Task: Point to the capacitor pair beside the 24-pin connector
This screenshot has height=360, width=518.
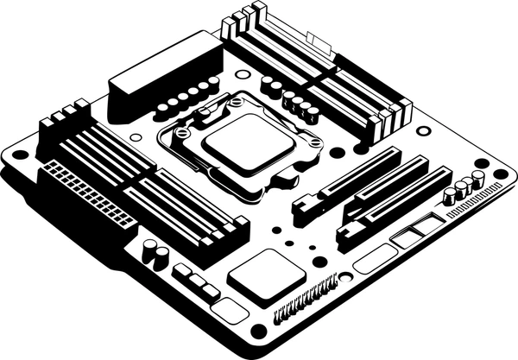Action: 155,252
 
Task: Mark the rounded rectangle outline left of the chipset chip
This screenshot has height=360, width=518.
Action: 229,311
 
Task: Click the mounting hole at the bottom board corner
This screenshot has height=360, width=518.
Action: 257,331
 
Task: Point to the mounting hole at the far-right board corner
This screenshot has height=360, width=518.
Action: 500,174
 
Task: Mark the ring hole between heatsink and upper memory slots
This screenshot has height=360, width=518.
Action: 242,74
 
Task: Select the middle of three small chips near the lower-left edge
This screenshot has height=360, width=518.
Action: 197,281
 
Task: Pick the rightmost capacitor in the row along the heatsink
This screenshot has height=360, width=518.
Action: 213,83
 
